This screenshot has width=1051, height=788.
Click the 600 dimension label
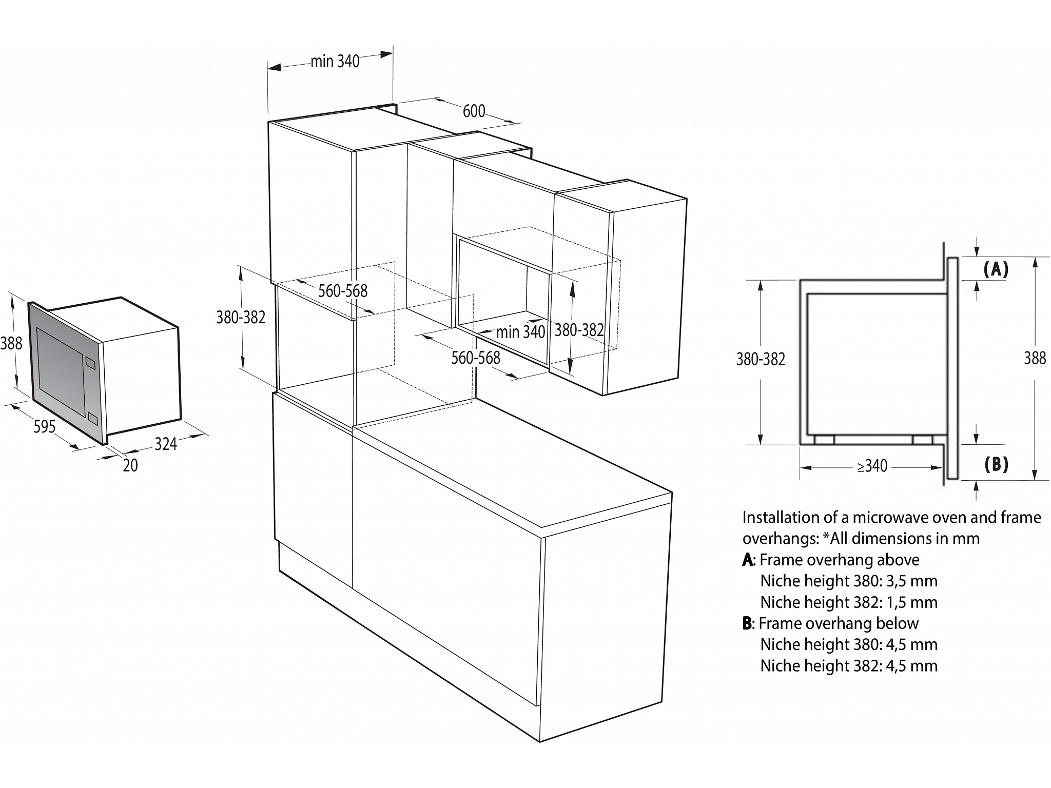pos(474,111)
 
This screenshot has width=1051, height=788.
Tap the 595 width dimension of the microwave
pos(44,426)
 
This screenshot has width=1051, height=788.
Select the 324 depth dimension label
pos(166,444)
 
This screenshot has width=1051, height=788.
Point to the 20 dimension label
pos(130,465)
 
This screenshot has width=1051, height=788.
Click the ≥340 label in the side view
pos(872,466)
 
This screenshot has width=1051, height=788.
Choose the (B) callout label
pos(996,464)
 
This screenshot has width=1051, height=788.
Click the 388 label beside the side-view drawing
pos(1035,358)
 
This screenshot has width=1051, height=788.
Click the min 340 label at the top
pos(335,62)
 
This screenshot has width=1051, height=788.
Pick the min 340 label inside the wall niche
pos(520,332)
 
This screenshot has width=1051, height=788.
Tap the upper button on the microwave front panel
pos(91,362)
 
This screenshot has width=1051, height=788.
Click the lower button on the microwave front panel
pos(92,418)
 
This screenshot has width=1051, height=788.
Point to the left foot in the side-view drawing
pos(824,439)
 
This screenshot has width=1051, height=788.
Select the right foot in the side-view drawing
pos(923,439)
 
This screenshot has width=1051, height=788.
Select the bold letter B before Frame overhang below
pos(747,624)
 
